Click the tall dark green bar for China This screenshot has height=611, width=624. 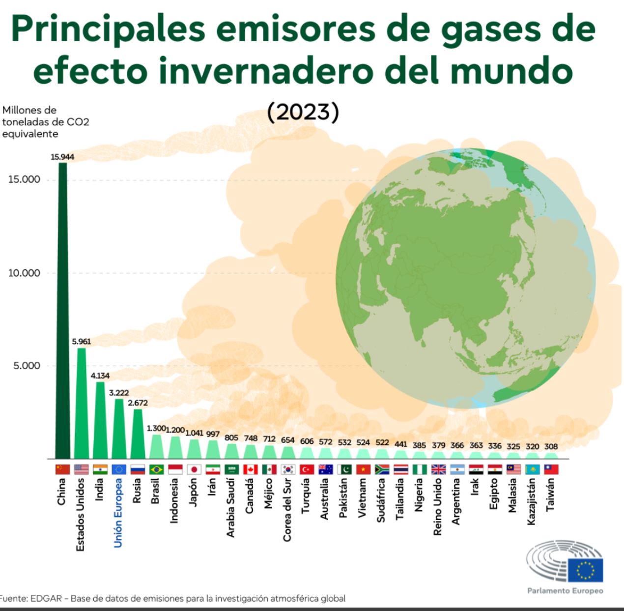[x=62, y=310]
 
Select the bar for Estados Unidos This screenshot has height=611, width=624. [x=82, y=403]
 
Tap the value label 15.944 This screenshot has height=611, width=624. [x=62, y=157]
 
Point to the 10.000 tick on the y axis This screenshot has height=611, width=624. [x=24, y=273]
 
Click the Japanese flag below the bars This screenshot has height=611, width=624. [x=194, y=469]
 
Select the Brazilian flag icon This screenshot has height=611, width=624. [x=156, y=469]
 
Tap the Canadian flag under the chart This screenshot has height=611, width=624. [x=251, y=469]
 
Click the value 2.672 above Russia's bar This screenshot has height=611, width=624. [x=138, y=403]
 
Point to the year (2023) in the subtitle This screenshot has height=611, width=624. [x=303, y=112]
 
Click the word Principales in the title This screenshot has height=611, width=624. [x=108, y=29]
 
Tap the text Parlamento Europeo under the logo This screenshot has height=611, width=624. [x=565, y=591]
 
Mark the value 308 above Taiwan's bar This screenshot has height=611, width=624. [x=551, y=446]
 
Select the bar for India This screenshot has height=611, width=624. [x=100, y=420]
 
